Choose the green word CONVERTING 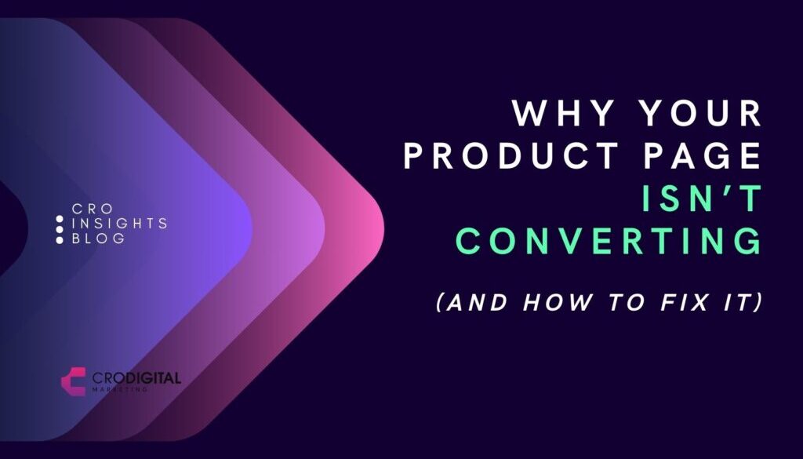(x=609, y=241)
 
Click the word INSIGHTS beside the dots (x=118, y=224)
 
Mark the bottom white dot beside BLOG (x=60, y=239)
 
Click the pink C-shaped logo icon (x=73, y=381)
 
